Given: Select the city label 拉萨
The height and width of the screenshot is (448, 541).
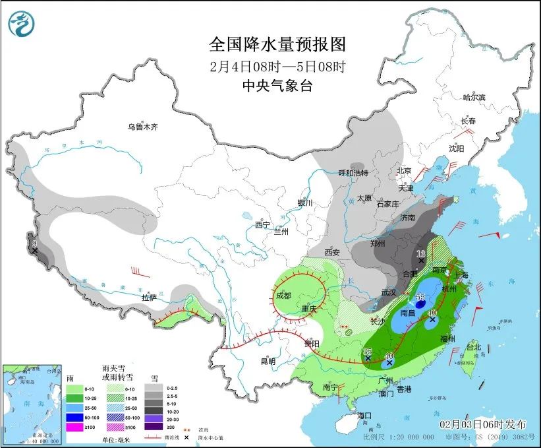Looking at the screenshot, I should point(150,298).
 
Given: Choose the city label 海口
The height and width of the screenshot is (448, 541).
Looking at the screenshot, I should point(365,416).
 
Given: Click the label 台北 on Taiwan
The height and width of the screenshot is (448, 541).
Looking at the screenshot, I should point(473,346).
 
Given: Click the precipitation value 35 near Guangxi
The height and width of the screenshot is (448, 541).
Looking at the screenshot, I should point(368,352).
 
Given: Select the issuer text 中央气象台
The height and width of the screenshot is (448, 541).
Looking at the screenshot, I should point(277,85).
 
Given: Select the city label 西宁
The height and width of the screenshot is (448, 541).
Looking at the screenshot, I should point(263,225).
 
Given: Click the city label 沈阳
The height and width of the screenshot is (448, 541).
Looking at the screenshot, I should point(457,149).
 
